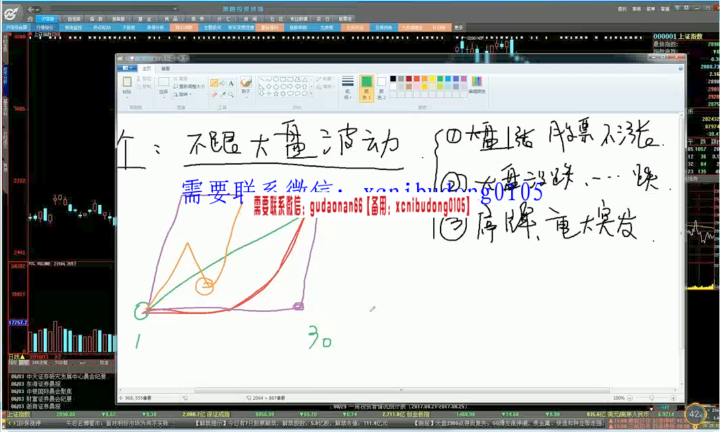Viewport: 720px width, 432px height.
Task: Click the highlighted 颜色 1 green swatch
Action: point(367,85)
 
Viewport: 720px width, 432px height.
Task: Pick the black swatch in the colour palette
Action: point(393,79)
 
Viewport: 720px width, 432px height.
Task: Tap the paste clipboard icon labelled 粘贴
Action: point(127,83)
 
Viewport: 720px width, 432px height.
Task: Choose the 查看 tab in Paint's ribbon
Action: point(165,69)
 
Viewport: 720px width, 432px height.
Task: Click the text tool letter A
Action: point(232,83)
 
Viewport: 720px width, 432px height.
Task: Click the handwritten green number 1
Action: point(138,341)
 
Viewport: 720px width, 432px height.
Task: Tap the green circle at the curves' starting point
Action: point(142,310)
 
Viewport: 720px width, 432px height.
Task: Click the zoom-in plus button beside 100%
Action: point(680,398)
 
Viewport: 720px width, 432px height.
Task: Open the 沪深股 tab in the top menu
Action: point(48,19)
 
